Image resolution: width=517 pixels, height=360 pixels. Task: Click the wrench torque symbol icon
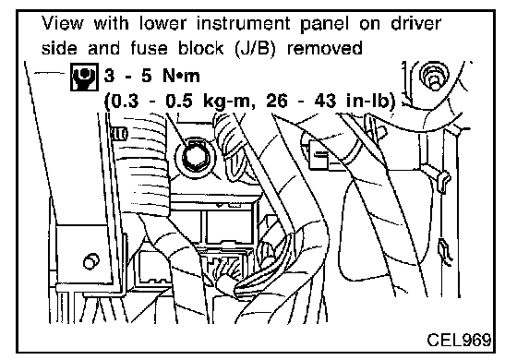click(84, 77)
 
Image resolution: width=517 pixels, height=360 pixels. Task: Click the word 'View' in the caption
click(62, 23)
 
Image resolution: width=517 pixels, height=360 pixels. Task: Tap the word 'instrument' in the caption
click(244, 23)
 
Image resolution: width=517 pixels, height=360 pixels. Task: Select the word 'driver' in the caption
click(415, 23)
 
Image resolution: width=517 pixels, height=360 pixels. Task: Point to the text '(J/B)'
click(255, 49)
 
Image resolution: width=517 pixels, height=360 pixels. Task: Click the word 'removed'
click(324, 48)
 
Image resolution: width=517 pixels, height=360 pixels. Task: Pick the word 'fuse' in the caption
click(149, 48)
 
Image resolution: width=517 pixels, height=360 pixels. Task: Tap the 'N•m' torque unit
click(181, 76)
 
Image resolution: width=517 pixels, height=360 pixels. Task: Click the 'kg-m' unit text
click(227, 102)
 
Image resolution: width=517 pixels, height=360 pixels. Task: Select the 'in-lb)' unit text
click(371, 102)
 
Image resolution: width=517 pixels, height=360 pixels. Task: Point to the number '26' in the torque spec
click(277, 102)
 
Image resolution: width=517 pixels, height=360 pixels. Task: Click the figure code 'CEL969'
click(459, 340)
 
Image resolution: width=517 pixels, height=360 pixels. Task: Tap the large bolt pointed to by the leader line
click(195, 157)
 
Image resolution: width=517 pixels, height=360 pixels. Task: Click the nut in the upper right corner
click(434, 76)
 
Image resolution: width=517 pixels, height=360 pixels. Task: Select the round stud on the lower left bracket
click(91, 261)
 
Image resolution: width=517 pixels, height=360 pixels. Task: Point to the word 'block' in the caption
click(201, 48)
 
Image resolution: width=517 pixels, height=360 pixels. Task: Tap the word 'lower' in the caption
click(162, 23)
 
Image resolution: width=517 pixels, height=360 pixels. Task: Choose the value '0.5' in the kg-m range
click(179, 102)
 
